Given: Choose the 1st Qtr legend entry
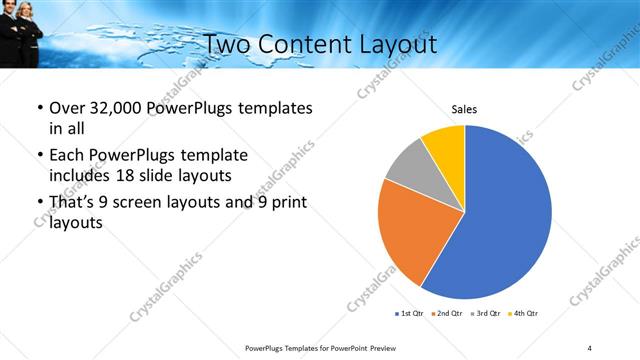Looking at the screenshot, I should (409, 314).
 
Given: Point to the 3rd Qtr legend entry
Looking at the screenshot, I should (485, 314).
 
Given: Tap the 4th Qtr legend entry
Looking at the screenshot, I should (523, 314).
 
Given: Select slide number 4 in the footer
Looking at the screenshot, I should (590, 347).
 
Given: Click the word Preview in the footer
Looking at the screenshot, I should (383, 347).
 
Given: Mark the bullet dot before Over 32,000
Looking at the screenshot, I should (39, 108).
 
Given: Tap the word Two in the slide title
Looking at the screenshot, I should (228, 45).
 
